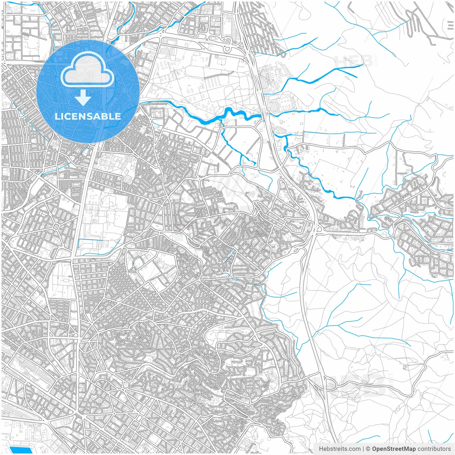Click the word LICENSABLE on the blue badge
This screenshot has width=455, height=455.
[x=88, y=116]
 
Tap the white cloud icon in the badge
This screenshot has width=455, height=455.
[x=87, y=70]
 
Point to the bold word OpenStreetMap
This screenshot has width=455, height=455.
[x=394, y=449]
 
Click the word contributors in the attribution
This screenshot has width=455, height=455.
[x=434, y=449]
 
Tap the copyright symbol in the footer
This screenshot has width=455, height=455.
[x=368, y=449]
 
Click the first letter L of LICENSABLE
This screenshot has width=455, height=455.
[x=57, y=116]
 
